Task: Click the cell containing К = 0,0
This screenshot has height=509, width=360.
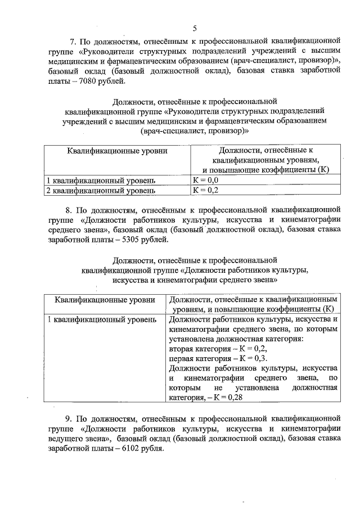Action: pyautogui.click(x=206, y=180)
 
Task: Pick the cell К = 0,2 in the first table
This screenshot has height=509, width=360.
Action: pyautogui.click(x=206, y=191)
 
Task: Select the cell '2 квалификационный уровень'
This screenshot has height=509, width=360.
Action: pyautogui.click(x=101, y=191)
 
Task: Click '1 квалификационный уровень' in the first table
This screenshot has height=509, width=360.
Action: pyautogui.click(x=101, y=180)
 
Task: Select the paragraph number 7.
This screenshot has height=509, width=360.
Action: pyautogui.click(x=72, y=41)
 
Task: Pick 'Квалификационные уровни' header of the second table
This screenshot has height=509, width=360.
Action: pyautogui.click(x=102, y=300)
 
